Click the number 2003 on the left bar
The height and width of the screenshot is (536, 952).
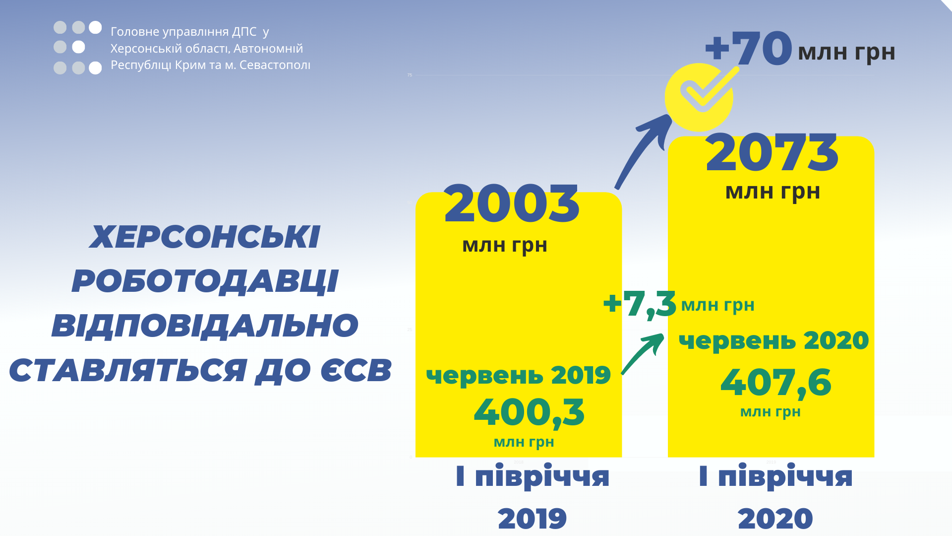[512, 203]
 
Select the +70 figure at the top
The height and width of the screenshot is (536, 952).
[749, 48]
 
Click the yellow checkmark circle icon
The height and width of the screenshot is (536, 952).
[699, 97]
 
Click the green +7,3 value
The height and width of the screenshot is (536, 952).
[640, 304]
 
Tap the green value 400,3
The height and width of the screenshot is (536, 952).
[529, 412]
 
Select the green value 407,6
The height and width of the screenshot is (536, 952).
[775, 383]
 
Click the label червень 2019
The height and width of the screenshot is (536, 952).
[518, 375]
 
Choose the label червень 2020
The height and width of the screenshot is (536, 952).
[773, 340]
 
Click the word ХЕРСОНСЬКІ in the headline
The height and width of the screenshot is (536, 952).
[205, 237]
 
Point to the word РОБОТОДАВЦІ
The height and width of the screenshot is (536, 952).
[205, 281]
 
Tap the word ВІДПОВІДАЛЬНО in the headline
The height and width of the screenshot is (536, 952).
[205, 326]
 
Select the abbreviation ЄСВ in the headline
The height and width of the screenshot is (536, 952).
[356, 370]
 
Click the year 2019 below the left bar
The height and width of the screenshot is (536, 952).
[532, 519]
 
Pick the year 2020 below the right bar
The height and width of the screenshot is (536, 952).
[775, 519]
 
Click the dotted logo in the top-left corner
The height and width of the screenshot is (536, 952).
[78, 48]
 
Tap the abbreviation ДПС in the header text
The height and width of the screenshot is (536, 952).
[244, 32]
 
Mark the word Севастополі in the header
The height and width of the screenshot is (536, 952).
[275, 65]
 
